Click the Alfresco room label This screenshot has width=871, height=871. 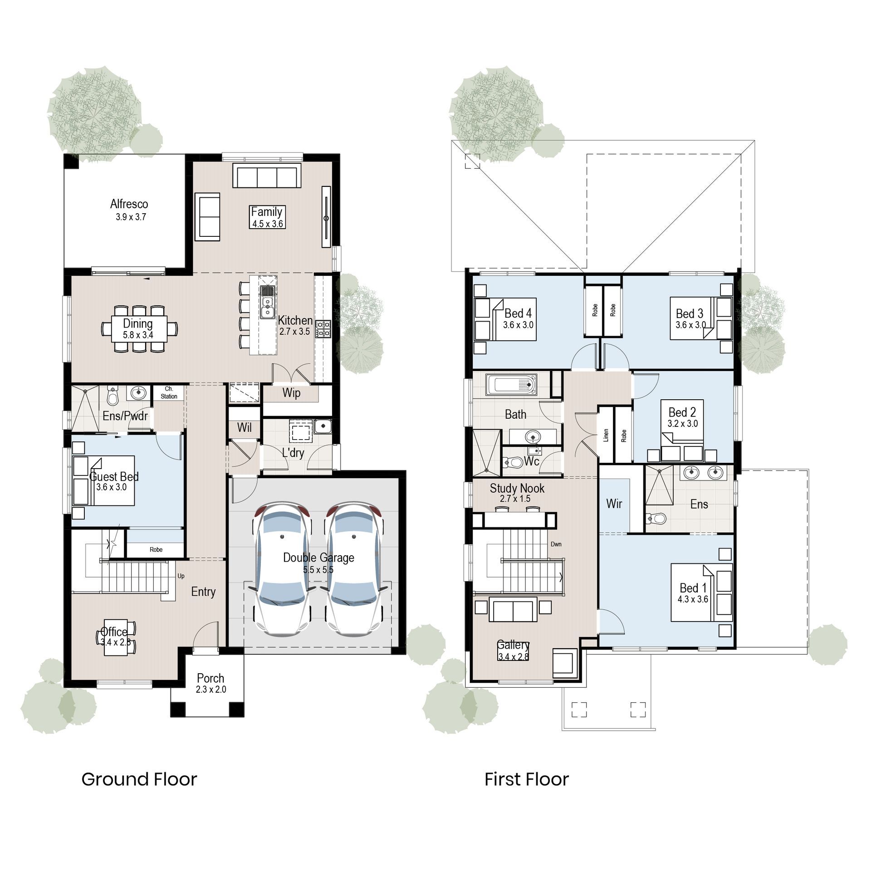coord(129,204)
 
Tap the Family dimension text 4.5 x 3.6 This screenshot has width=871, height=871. coord(268,224)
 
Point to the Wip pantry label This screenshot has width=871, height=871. coord(291,393)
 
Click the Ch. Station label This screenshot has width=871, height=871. coord(169,392)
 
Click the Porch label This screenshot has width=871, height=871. coord(210,678)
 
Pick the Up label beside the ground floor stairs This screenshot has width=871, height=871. coord(181,576)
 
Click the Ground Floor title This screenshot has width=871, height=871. coord(139,779)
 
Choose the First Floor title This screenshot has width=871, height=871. coord(526,779)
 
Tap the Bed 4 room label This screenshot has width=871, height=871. coord(518,313)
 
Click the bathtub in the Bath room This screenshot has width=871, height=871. coord(511,385)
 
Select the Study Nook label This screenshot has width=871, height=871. coord(517,489)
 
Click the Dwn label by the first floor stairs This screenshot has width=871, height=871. coord(556,544)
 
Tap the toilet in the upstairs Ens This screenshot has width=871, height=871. coord(656,518)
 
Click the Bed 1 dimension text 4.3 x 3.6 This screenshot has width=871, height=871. coord(693,599)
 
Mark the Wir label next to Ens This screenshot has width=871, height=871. coord(614,504)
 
